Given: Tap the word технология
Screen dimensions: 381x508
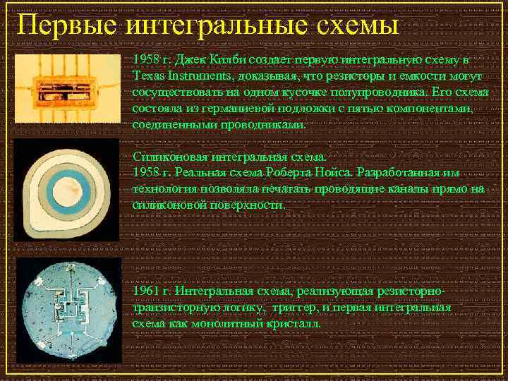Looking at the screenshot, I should [x=162, y=188].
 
